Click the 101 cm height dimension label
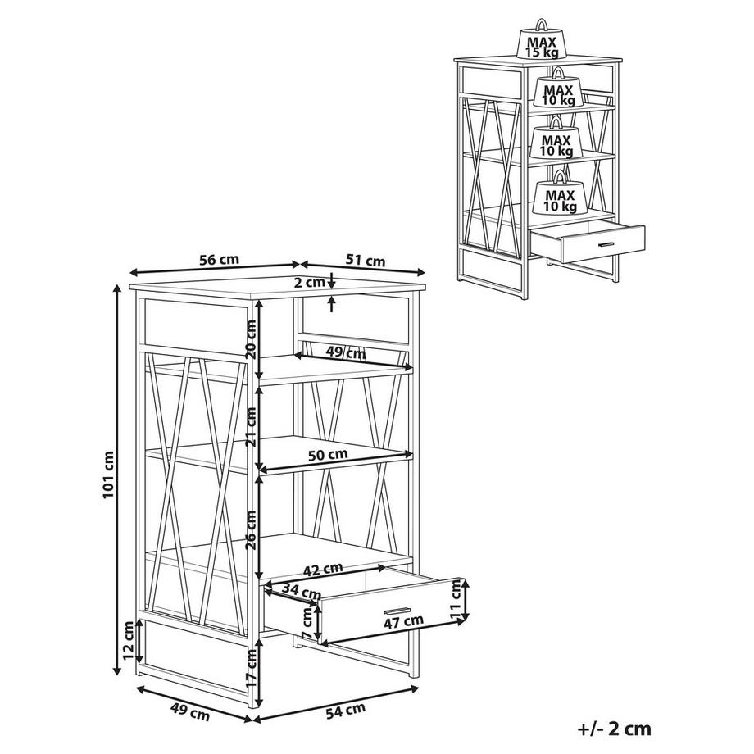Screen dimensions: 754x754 coord(109,475)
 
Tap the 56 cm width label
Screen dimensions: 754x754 coord(219,260)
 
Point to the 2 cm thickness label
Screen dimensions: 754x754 coord(309,282)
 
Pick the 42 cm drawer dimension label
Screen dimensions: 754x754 coord(323,570)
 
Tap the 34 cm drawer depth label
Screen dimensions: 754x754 coord(301,591)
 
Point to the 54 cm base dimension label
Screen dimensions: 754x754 coord(345,711)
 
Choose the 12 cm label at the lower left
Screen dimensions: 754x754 coord(128,641)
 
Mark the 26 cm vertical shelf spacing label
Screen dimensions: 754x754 coord(251,530)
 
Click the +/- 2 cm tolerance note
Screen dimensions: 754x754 coord(614,729)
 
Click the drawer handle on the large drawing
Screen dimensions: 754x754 coord(397,611)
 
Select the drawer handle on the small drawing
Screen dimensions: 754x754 coord(606,243)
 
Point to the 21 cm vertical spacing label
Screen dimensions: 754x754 coord(251,426)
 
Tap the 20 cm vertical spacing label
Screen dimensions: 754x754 coord(251,339)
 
